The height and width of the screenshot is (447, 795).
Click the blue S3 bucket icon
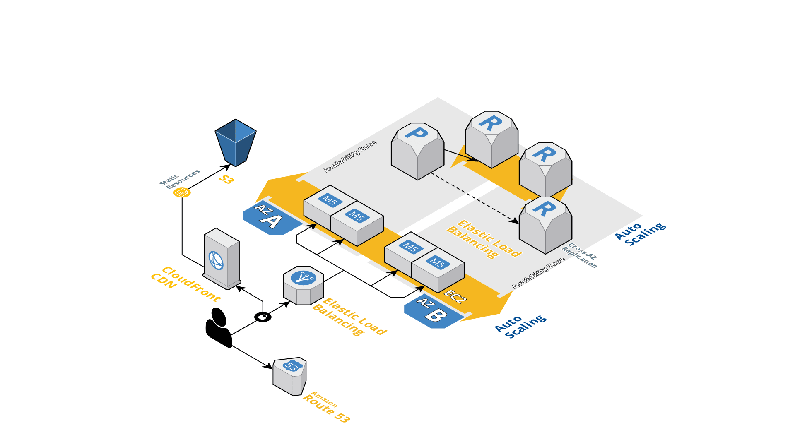[x=236, y=143]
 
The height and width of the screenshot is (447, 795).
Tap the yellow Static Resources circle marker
[x=182, y=192]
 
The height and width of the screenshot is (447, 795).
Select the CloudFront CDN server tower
[x=222, y=259]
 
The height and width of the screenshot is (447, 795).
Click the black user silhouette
[x=219, y=327]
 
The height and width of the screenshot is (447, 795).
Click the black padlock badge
[x=263, y=317]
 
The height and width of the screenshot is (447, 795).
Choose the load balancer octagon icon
[x=304, y=286]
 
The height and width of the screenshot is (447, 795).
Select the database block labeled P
[x=417, y=151]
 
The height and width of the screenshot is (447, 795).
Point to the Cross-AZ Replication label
[x=580, y=256]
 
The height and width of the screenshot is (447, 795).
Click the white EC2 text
[x=455, y=296]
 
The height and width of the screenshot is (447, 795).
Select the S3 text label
[x=226, y=179]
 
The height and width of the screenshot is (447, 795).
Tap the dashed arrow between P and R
[x=474, y=198]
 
